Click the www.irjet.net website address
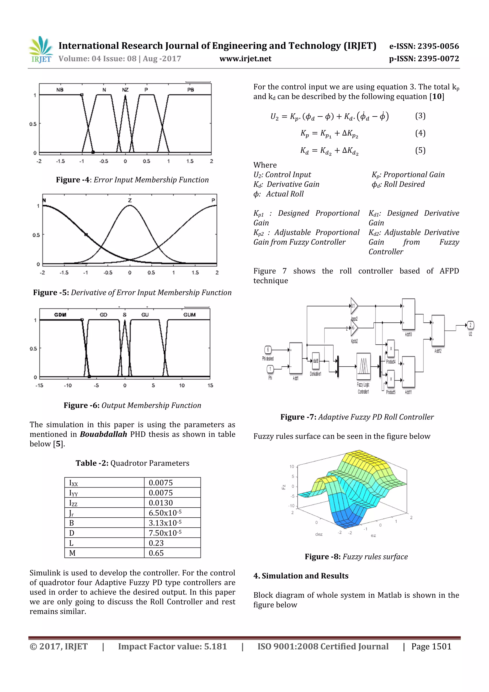(245, 59)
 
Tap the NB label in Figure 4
(60, 90)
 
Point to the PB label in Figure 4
(190, 90)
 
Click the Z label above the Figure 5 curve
(130, 200)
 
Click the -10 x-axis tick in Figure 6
(68, 386)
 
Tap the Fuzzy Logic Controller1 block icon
(363, 366)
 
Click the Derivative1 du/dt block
(315, 361)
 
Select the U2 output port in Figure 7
(470, 325)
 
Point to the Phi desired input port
(268, 350)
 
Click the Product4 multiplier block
(391, 349)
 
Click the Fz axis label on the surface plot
(283, 487)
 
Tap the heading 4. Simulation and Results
(301, 576)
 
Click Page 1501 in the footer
(431, 646)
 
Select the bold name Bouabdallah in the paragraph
(103, 434)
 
